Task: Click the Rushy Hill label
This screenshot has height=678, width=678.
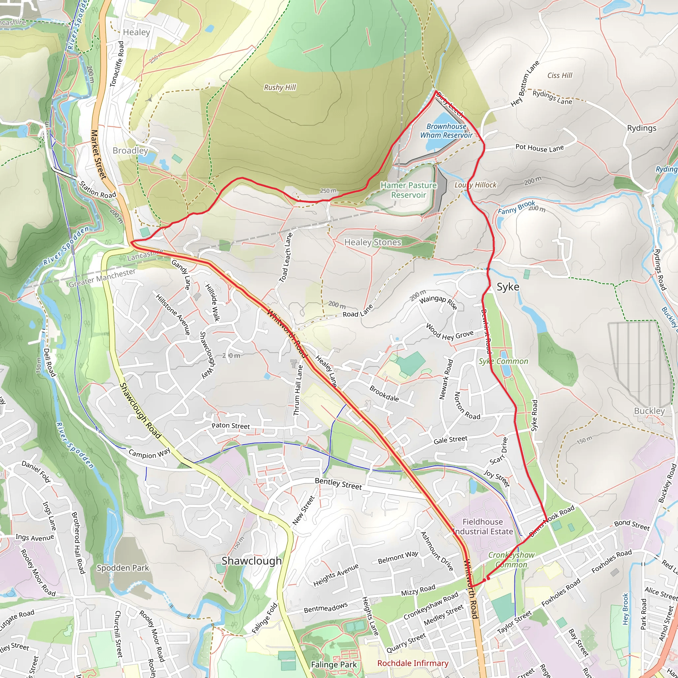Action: [x=280, y=87]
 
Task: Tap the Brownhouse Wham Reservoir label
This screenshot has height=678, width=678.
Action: [x=446, y=130]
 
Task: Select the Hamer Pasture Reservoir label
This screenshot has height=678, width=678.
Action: [x=409, y=190]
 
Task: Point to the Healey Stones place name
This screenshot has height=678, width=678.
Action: [x=372, y=242]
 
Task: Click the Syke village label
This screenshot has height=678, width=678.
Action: [x=508, y=287]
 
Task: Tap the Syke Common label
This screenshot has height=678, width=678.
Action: [x=503, y=361]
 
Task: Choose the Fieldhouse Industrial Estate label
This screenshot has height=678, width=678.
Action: [x=483, y=526]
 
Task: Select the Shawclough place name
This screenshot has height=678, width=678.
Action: [x=251, y=561]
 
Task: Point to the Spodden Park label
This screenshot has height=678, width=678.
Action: [x=123, y=568]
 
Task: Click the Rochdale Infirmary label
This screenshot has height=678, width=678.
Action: [x=413, y=663]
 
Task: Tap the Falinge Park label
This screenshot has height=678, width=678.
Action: [x=333, y=665]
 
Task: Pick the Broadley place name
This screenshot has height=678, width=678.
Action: [x=130, y=151]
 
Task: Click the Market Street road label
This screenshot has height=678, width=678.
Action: [x=98, y=154]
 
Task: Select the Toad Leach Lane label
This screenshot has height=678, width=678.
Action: [x=286, y=257]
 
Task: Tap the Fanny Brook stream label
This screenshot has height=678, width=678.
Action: [x=516, y=207]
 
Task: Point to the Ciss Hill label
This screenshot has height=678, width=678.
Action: [x=559, y=75]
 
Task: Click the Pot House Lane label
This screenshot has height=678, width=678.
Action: [x=539, y=148]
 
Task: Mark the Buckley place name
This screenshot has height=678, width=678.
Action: [x=649, y=411]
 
